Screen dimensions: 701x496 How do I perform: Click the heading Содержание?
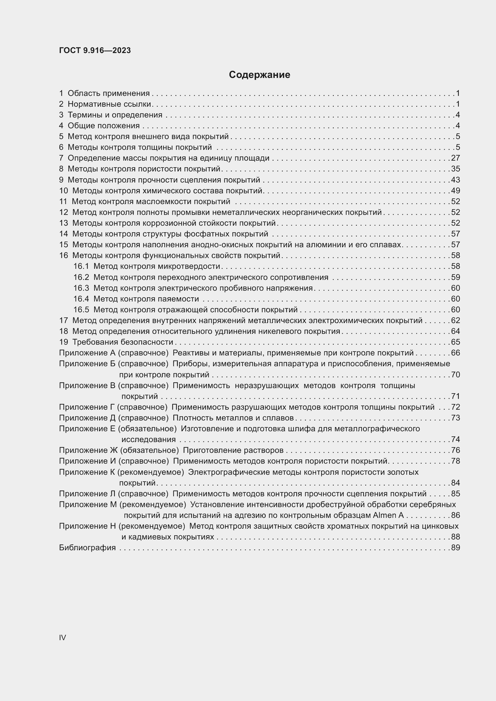click(x=259, y=75)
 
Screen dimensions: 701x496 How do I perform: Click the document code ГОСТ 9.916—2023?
click(x=95, y=50)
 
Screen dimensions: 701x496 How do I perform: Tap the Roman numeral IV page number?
click(x=62, y=637)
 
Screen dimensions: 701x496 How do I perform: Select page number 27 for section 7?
click(x=456, y=158)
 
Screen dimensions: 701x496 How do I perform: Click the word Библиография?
click(x=87, y=548)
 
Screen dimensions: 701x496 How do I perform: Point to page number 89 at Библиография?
click(x=456, y=548)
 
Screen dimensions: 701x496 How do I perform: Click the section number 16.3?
click(x=81, y=288)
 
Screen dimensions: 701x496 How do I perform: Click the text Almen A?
click(x=388, y=515)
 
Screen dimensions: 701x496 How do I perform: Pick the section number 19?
click(x=64, y=342)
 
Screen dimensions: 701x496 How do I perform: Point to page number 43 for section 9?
click(x=456, y=180)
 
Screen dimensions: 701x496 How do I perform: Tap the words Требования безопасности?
click(x=122, y=342)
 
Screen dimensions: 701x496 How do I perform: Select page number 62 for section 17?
click(x=456, y=321)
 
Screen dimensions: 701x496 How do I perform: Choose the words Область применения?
click(x=109, y=94)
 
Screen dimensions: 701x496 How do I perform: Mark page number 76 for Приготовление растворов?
click(x=456, y=450)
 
